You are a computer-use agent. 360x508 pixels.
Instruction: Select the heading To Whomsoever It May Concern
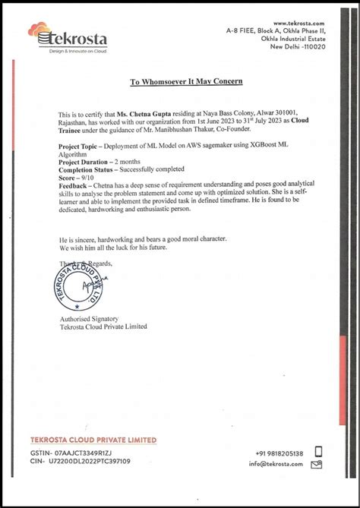click(185, 81)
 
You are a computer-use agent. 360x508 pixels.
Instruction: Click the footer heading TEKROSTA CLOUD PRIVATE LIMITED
click(93, 440)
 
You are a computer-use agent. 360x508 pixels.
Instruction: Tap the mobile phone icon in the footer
click(318, 451)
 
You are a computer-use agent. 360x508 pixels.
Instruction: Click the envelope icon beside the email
click(318, 464)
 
